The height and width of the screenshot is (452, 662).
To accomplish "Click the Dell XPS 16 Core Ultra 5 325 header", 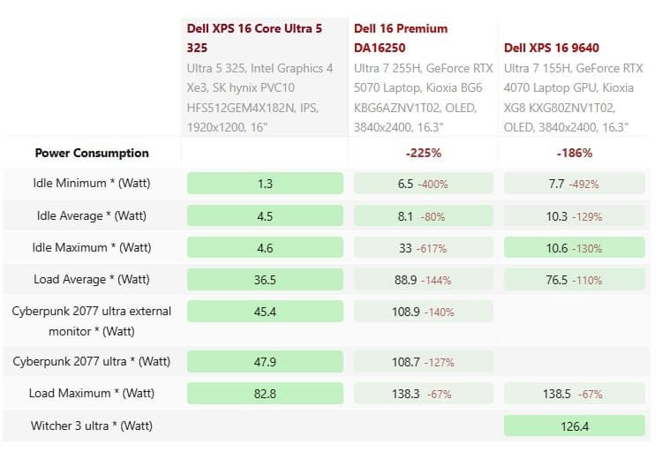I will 254,37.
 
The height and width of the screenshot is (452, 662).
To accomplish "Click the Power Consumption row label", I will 92,153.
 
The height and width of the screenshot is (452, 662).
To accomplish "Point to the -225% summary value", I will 424,153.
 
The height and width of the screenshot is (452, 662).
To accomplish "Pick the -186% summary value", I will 574,153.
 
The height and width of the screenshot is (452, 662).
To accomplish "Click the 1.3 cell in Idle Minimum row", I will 265,184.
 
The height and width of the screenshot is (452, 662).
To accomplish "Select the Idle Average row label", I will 92,215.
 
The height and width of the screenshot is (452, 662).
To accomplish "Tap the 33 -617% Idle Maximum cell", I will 424,248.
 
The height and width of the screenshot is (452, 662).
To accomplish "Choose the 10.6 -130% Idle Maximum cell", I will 574,248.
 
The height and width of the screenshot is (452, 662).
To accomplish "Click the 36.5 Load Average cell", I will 265,280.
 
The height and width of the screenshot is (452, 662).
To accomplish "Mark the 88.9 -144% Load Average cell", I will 424,280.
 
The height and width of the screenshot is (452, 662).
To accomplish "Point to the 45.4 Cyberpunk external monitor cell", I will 265,312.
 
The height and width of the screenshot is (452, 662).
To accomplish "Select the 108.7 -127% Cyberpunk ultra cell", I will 424,361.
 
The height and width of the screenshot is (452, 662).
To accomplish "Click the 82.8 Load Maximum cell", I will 265,393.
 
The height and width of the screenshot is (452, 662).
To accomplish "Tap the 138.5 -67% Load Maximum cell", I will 574,393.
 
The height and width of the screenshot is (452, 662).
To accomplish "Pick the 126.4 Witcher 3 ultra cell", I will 574,426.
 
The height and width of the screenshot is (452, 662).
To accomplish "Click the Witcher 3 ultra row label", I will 92,426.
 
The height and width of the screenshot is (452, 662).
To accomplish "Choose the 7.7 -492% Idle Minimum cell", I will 574,184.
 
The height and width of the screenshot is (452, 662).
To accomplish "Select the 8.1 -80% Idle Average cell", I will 424,215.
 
